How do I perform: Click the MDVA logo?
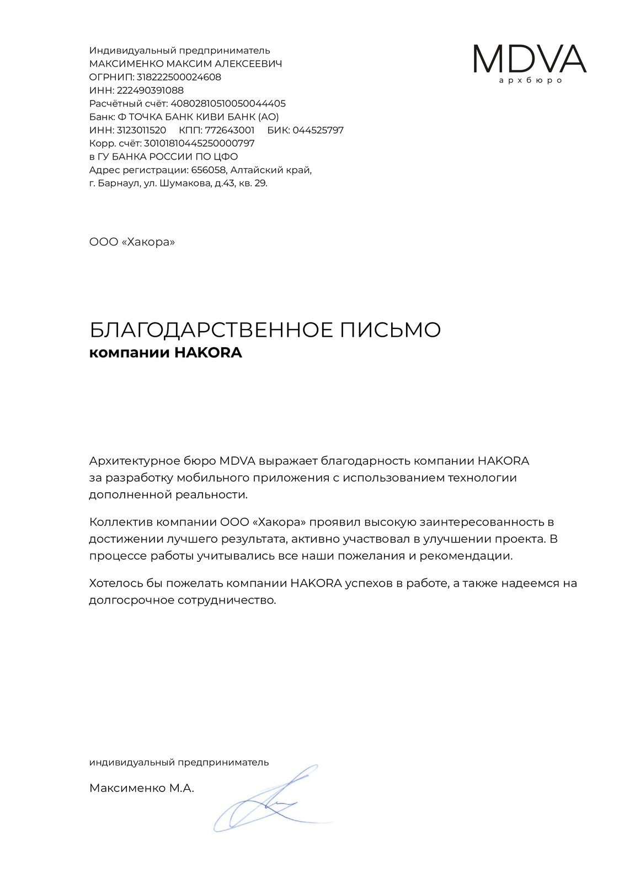pos(529,58)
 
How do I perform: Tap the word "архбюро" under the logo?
pos(530,81)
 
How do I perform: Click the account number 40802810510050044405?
pos(228,104)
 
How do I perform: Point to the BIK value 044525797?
pos(318,130)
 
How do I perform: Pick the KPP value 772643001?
pos(230,130)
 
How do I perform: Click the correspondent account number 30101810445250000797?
pos(199,143)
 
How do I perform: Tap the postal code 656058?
pos(209,170)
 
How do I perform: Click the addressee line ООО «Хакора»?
pos(132,242)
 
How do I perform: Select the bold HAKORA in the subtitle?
pos(208,353)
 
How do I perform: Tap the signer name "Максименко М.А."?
pos(142,789)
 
